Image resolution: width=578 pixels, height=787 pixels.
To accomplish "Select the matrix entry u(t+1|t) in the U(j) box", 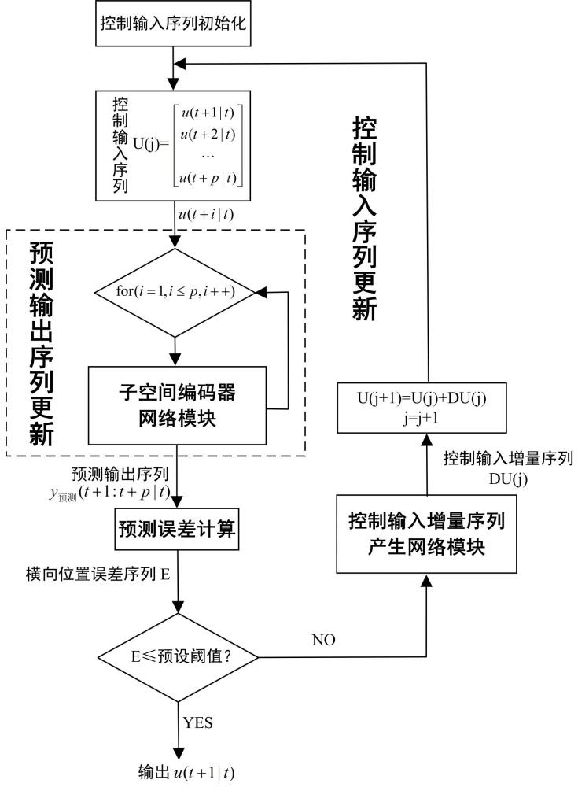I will coord(208,113).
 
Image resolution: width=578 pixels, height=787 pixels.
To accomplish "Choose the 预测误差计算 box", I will coord(177,531).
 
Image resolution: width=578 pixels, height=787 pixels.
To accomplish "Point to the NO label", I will coord(323,640).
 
